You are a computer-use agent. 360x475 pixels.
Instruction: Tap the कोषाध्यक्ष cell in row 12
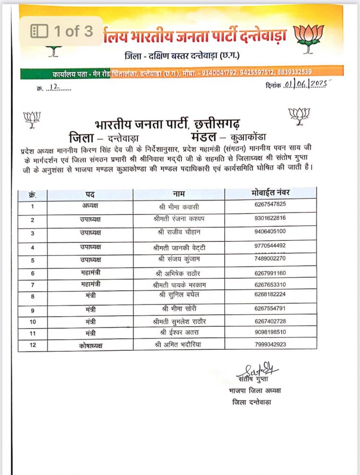(x=90, y=345)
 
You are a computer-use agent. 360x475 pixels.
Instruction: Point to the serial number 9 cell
(x=33, y=310)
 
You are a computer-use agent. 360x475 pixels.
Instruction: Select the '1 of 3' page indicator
(x=61, y=32)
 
